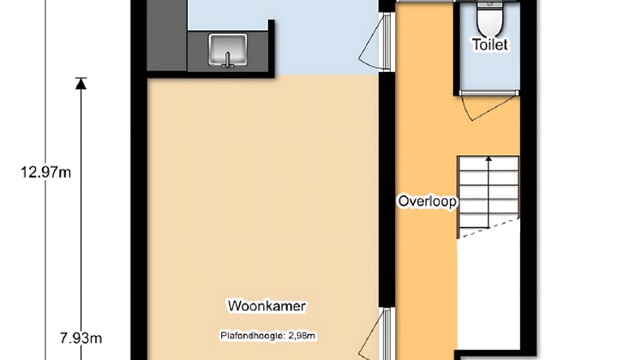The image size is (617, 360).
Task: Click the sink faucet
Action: point(228,59)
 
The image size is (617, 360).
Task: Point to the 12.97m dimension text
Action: point(45,171)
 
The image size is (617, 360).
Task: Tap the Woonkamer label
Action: point(267,305)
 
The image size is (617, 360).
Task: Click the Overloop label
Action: point(428,201)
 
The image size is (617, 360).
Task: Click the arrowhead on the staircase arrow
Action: point(488,159)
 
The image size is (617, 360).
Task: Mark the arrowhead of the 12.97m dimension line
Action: point(81,83)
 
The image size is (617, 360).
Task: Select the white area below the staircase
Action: point(488,291)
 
